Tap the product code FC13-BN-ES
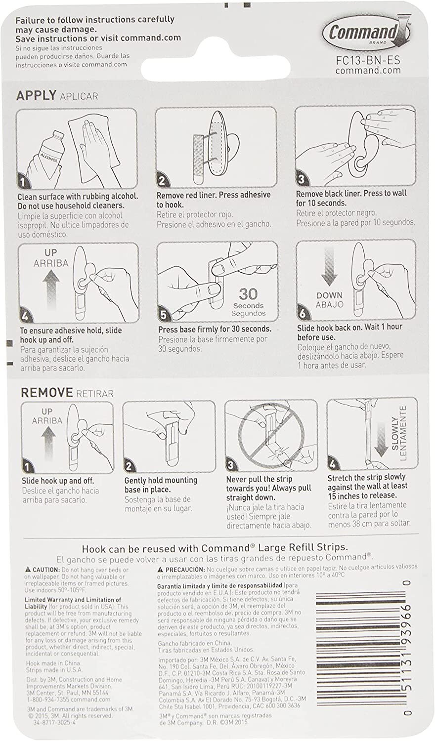pyautogui.click(x=368, y=60)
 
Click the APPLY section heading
pyautogui.click(x=37, y=95)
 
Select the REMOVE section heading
pyautogui.click(x=46, y=393)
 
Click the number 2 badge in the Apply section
pyautogui.click(x=162, y=181)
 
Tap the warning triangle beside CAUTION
pyautogui.click(x=29, y=570)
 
